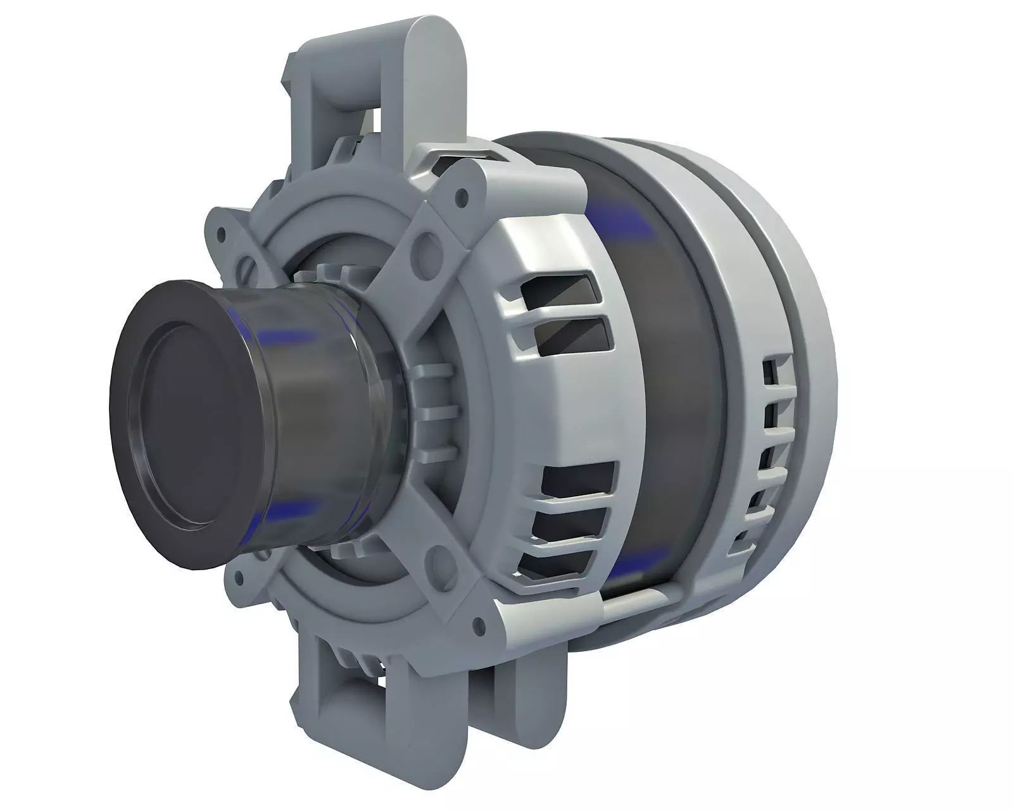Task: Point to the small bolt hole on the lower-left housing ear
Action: [239, 576]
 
